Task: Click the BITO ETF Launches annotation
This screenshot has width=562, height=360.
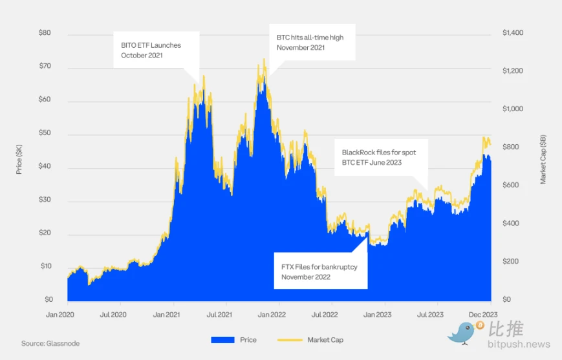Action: click(x=151, y=50)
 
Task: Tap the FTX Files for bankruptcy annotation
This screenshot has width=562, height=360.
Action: click(x=319, y=271)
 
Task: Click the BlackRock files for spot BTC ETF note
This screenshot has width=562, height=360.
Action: click(x=379, y=157)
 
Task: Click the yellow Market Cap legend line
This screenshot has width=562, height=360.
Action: click(x=289, y=340)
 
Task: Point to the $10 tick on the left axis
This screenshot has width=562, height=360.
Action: click(x=47, y=266)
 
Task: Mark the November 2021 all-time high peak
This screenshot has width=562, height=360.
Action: click(x=264, y=60)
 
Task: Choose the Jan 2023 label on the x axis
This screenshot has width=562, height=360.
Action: click(x=385, y=315)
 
